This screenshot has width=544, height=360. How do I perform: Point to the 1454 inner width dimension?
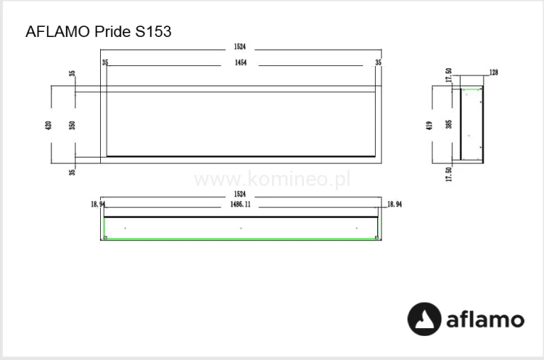pyautogui.click(x=239, y=64)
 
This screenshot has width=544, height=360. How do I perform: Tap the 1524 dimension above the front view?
pyautogui.click(x=239, y=47)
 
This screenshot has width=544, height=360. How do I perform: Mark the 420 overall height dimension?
pyautogui.click(x=49, y=124)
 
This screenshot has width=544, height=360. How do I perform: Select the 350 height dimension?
pyautogui.click(x=73, y=124)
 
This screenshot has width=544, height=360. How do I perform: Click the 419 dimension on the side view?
pyautogui.click(x=430, y=125)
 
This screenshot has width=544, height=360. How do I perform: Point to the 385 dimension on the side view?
pyautogui.click(x=449, y=125)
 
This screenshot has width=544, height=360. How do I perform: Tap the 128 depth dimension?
pyautogui.click(x=494, y=73)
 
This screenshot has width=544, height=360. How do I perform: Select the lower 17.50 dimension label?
pyautogui.click(x=449, y=173)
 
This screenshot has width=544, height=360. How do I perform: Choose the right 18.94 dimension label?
pyautogui.click(x=395, y=205)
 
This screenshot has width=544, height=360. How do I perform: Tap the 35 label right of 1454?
pyautogui.click(x=378, y=64)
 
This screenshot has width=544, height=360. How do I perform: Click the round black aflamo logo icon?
pyautogui.click(x=424, y=319)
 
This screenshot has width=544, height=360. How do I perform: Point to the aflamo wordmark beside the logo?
pyautogui.click(x=485, y=319)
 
